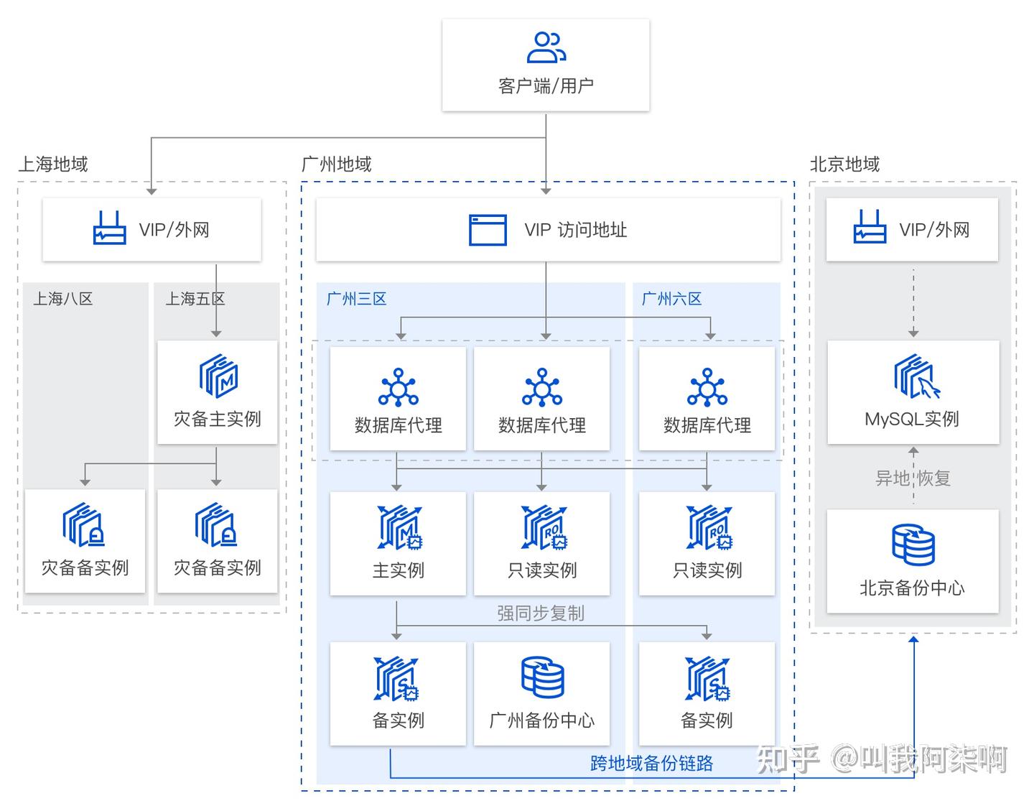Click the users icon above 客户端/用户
(x=546, y=47)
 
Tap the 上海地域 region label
(x=53, y=165)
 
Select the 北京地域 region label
(x=844, y=165)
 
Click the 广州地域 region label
(x=336, y=165)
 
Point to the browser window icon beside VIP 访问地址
(x=488, y=230)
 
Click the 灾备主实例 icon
(x=218, y=376)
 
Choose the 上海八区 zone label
(x=63, y=299)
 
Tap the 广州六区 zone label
(x=671, y=299)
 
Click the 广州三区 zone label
(x=357, y=299)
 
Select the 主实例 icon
(x=399, y=528)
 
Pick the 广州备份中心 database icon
(x=542, y=677)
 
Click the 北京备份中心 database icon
(x=913, y=545)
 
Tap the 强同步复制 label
(x=541, y=613)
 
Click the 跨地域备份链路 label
(x=651, y=763)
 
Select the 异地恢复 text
(x=913, y=478)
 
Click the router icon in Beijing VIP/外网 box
(x=870, y=228)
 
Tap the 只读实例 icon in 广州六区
(x=707, y=528)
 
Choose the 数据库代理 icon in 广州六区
(x=707, y=388)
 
